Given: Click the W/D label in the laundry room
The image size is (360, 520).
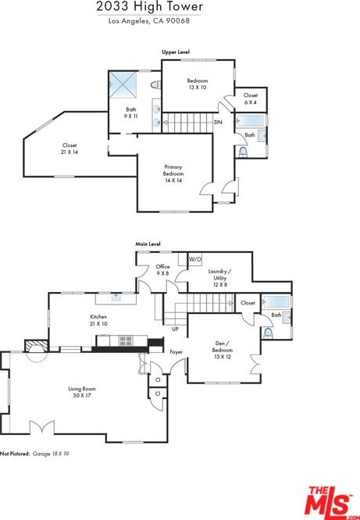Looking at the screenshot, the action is pos(195,259).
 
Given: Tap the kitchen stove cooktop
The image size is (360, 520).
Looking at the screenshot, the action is pos(126,341).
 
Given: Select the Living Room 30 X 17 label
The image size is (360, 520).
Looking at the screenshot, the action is pos(82,392).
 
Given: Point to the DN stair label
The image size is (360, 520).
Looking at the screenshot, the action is pos(218,123).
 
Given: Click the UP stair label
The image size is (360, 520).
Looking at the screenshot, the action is pos(175,329).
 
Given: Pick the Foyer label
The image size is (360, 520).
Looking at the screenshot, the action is pos(176,351).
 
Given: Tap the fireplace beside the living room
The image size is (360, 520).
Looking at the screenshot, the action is pos(37,346).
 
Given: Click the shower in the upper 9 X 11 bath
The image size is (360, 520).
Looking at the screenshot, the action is pos(123,84).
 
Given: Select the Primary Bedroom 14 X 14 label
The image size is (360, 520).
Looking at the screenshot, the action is pos(173,174).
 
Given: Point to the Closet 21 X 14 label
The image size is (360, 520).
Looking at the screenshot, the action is pos(70,148).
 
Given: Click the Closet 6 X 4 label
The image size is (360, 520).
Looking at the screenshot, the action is pos(251,99).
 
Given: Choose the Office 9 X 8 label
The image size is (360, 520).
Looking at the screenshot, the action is pos(162,270).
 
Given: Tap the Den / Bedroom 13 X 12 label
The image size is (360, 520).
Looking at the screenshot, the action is pos(223,351).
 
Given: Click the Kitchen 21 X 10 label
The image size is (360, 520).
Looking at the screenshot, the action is pos(98,320).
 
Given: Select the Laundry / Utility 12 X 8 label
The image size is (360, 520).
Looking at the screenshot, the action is pos(220,278).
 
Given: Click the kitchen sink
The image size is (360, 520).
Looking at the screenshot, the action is pos(116,298).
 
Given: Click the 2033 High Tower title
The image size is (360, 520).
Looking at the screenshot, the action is pos(150,7).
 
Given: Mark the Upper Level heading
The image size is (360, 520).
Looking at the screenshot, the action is pos(176,52).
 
